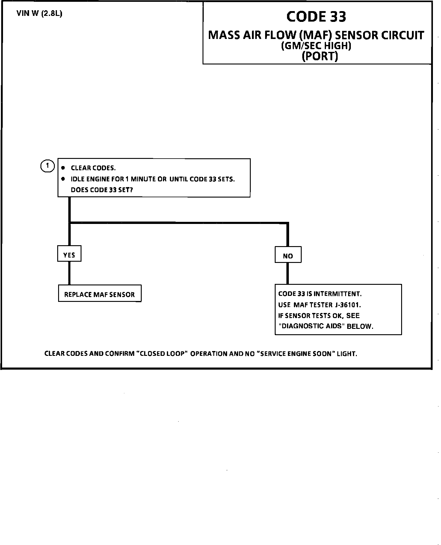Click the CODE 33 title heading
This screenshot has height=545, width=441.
click(316, 17)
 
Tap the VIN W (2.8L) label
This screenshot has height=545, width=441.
click(40, 14)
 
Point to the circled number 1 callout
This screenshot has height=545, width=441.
click(47, 166)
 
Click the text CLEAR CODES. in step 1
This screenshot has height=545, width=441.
click(93, 168)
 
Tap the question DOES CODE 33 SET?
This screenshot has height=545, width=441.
click(102, 190)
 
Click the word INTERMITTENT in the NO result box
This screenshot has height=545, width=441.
click(341, 294)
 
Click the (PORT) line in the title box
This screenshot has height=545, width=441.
click(320, 56)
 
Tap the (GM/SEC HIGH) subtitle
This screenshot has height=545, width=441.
click(316, 46)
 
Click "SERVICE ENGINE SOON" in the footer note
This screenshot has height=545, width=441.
click(296, 353)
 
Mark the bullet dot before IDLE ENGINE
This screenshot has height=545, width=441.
click(63, 179)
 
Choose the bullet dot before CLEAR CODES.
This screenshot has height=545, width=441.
click(63, 168)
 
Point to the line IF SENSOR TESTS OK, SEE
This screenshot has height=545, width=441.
click(319, 315)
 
